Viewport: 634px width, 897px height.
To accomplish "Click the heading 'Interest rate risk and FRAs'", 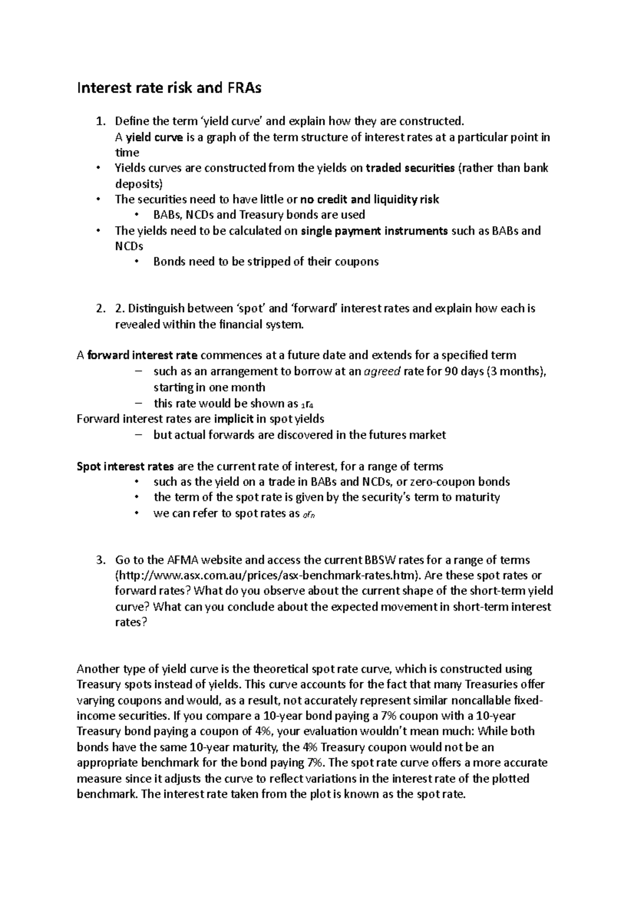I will pyautogui.click(x=169, y=88).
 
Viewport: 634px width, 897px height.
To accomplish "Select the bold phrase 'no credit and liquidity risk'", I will pyautogui.click(x=370, y=200).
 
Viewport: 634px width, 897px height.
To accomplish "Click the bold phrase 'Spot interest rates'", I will pyautogui.click(x=125, y=466).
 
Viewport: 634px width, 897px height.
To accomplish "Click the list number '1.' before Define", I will pyautogui.click(x=100, y=122).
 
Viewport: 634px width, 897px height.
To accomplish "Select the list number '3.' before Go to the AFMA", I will pyautogui.click(x=100, y=560).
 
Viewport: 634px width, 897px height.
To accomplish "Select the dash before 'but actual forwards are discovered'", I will pyautogui.click(x=139, y=435).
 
